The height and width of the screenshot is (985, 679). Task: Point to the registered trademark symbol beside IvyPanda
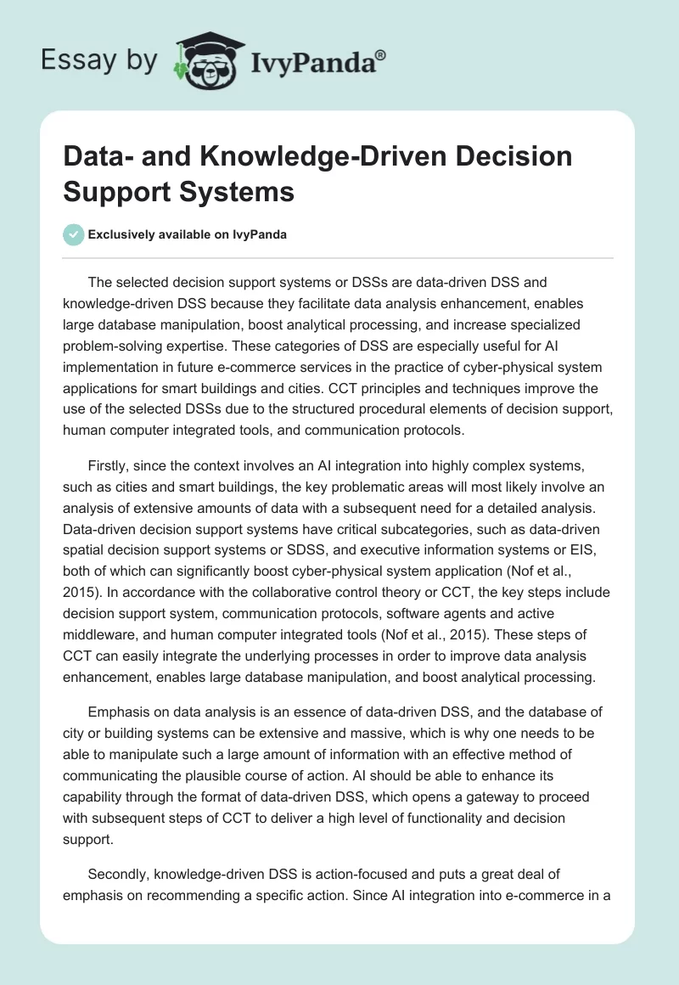[381, 55]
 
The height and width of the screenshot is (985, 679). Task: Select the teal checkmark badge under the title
[74, 235]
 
